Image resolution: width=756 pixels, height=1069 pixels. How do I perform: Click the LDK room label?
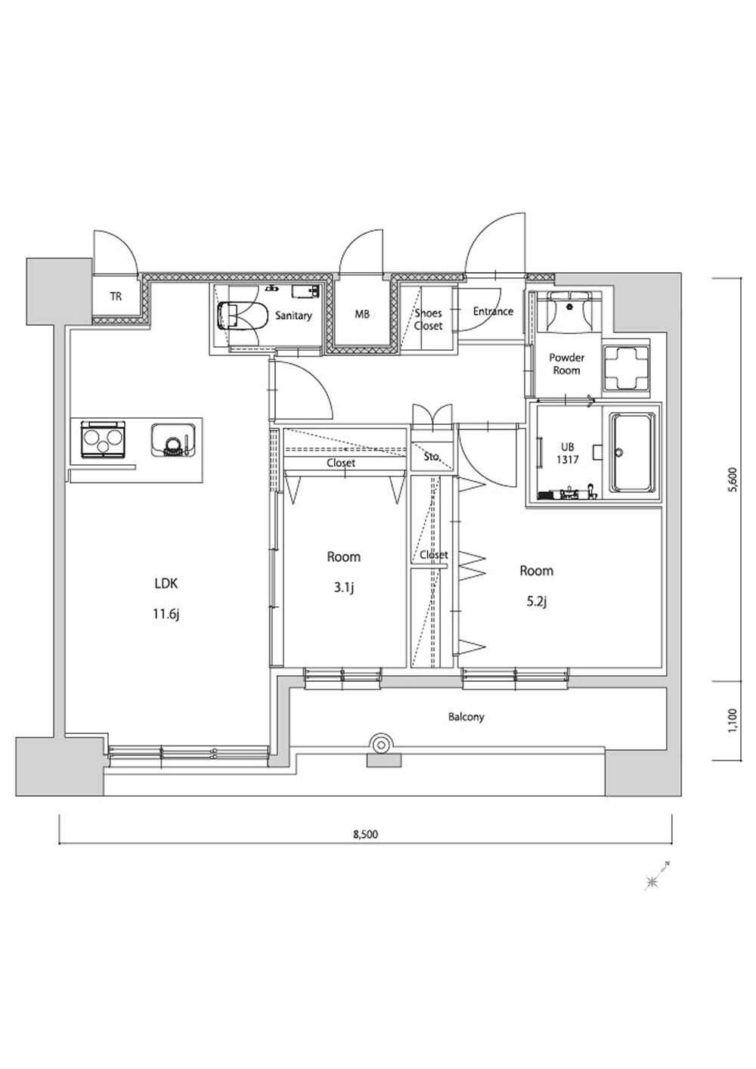pos(166,583)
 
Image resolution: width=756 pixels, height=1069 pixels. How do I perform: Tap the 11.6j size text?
pos(166,615)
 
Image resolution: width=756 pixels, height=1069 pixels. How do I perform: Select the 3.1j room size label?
pos(344,587)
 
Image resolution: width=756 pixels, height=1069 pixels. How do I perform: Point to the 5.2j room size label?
pos(537,601)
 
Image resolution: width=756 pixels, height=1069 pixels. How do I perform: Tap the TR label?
pos(116,296)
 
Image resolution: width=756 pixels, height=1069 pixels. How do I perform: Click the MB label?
pos(362,315)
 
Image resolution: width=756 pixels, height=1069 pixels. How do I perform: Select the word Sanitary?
pos(293,315)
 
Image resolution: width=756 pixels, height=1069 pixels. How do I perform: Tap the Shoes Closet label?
pos(428,319)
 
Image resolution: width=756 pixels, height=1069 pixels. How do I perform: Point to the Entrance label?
pos(493,311)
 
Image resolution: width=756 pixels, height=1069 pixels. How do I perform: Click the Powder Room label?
pos(566,364)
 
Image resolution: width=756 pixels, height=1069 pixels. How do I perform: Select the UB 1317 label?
pos(568,454)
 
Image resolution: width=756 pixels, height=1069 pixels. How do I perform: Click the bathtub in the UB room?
pos(632,452)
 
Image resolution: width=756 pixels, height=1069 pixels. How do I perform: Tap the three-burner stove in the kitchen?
pos(103,439)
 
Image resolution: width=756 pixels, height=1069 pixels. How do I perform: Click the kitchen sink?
pos(174,439)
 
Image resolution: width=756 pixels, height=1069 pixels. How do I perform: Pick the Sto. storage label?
pos(432,456)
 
